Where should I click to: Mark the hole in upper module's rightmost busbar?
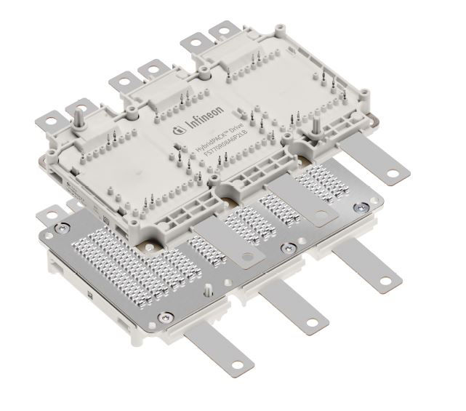[395, 172]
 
